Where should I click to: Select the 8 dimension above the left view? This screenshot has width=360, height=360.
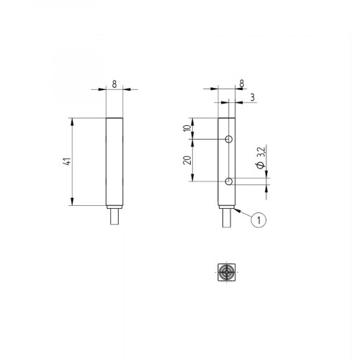pyautogui.click(x=114, y=84)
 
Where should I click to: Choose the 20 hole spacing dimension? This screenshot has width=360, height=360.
pyautogui.click(x=188, y=160)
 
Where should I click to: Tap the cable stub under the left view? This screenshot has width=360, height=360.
pyautogui.click(x=114, y=214)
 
